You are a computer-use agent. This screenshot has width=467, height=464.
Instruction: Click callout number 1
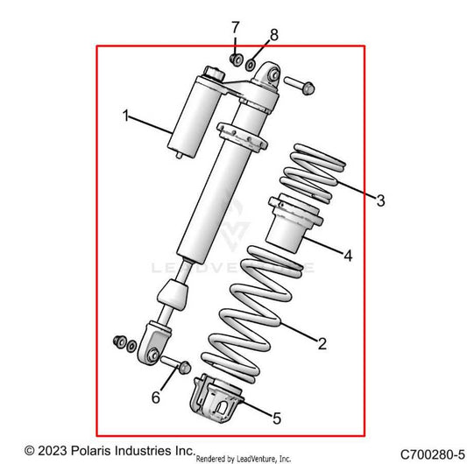[x=126, y=116]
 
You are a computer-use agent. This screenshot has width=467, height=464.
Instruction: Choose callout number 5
[x=276, y=419]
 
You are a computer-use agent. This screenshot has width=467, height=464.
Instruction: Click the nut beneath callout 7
[x=236, y=59]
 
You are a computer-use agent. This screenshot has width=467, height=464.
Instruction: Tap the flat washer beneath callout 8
[x=251, y=64]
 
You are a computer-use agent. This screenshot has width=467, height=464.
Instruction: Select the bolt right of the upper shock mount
[x=295, y=85]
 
